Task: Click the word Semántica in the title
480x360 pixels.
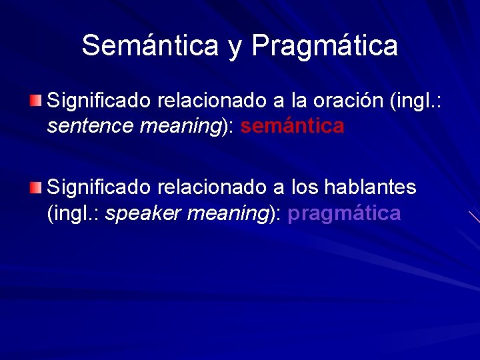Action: [150, 45]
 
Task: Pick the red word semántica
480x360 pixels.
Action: [293, 125]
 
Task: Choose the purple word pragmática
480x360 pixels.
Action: [344, 213]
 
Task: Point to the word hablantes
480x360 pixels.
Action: [370, 188]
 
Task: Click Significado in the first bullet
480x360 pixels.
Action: [99, 101]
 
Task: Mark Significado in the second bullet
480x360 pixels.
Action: [99, 188]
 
